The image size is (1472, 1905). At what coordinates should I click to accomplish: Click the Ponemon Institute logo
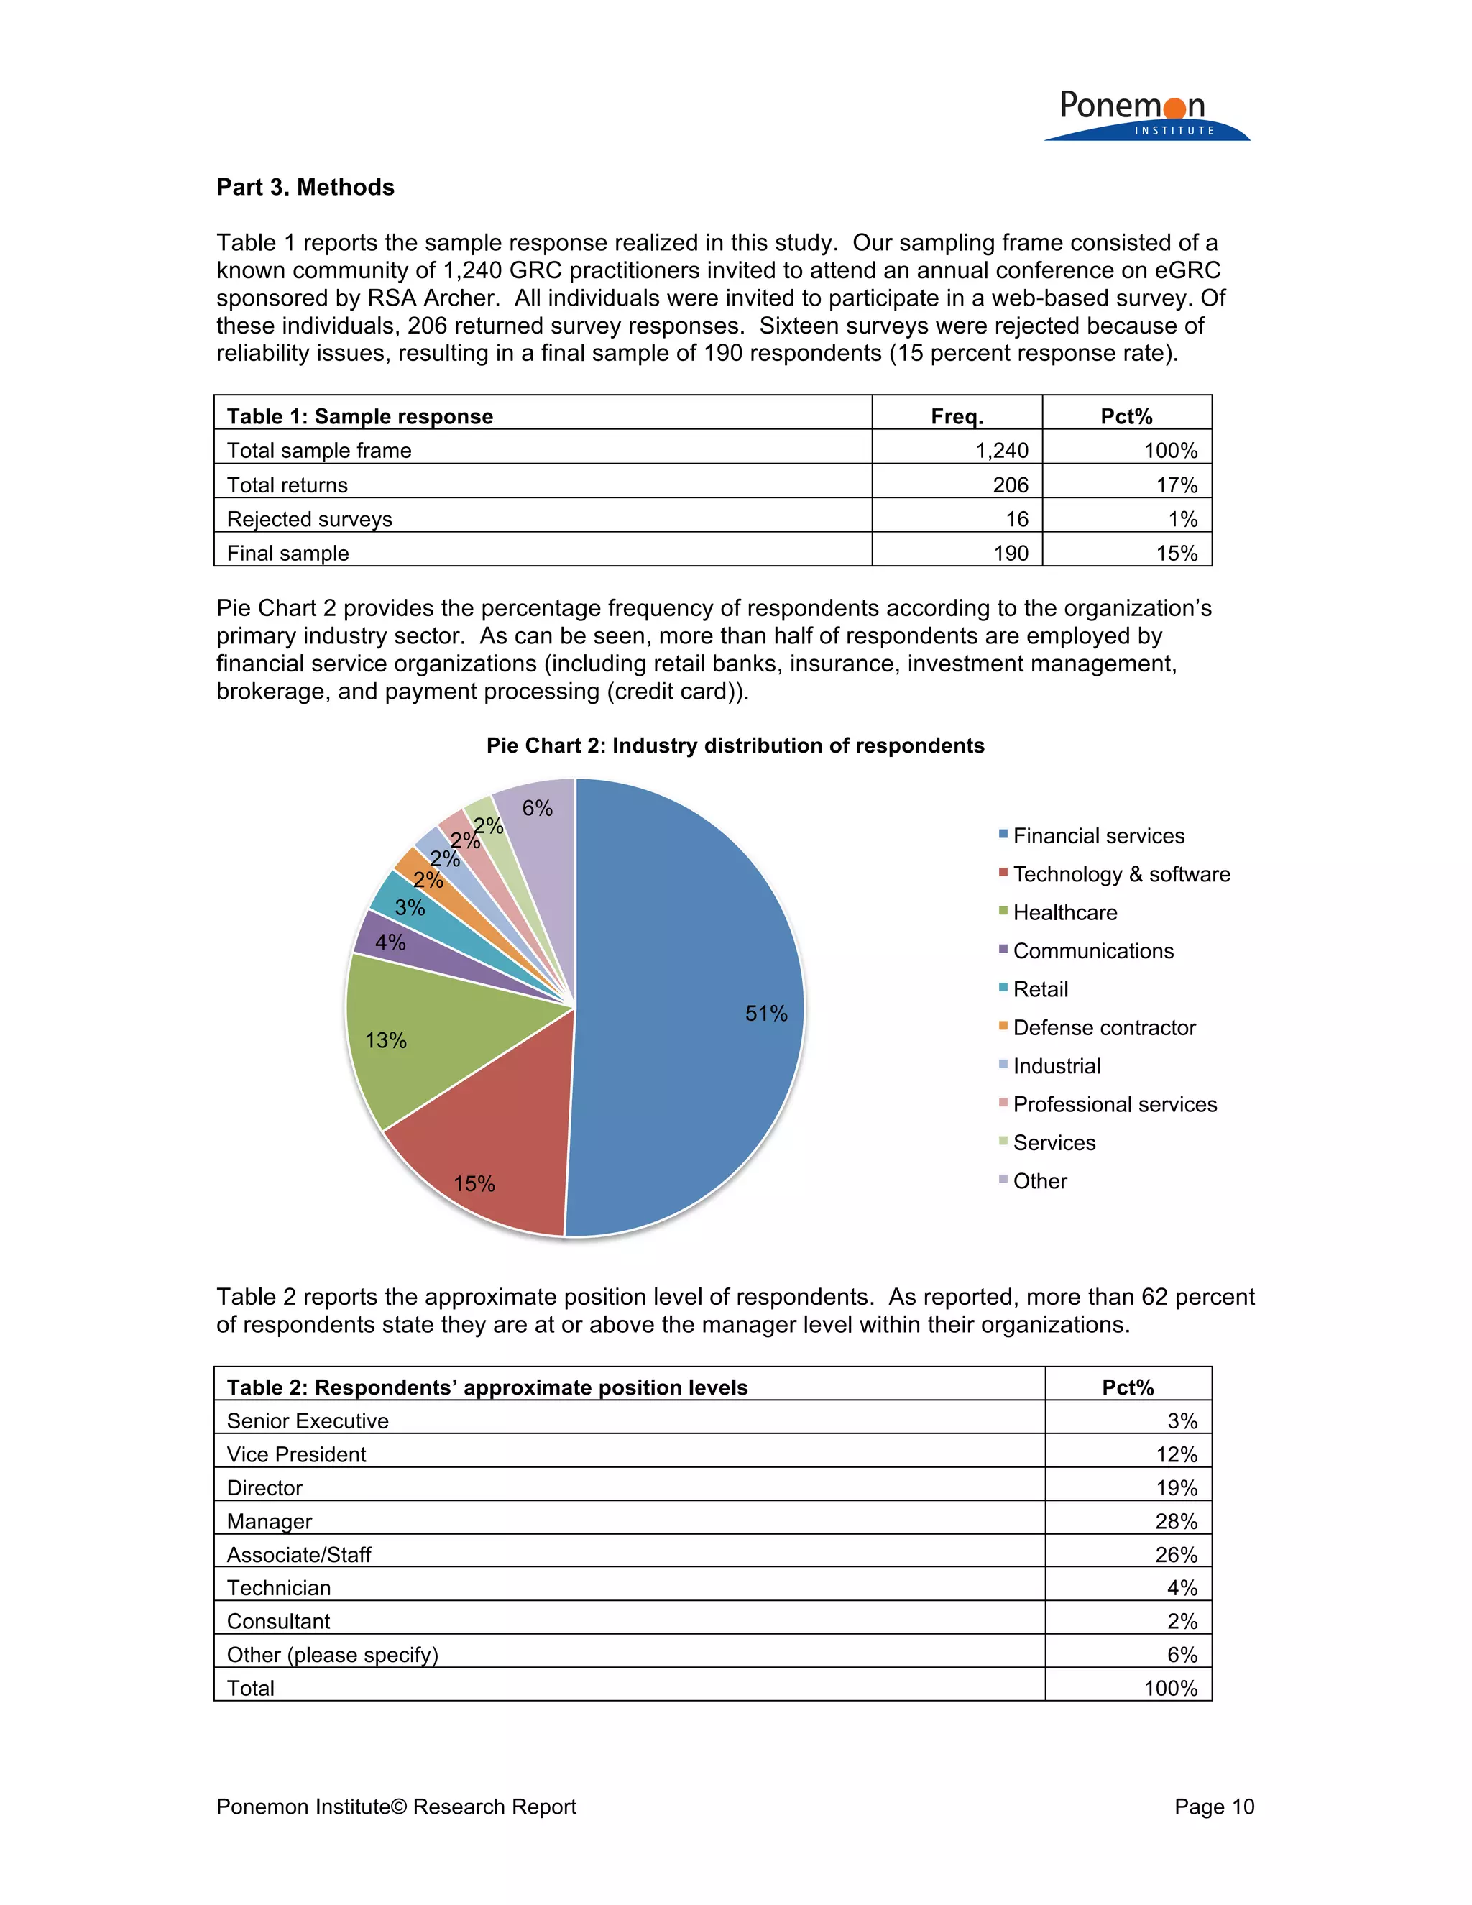pos(1146,115)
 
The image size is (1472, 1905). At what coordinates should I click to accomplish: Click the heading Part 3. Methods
pos(305,188)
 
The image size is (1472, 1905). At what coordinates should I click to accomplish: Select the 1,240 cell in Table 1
pos(1001,450)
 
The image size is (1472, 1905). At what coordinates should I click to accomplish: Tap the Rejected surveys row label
pos(310,519)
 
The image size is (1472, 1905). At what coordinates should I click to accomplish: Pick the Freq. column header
pos(957,416)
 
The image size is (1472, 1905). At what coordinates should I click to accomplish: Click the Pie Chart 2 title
pos(735,745)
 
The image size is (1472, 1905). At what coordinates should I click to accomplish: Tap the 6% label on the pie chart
pos(537,809)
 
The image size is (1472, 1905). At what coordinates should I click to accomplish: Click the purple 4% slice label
pos(390,942)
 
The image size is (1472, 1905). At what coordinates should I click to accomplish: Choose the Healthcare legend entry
pos(1064,912)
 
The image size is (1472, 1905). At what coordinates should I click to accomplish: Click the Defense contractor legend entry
pos(1104,1027)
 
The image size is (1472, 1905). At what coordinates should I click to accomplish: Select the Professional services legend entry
pos(1115,1104)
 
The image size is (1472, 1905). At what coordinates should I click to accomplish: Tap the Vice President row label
pos(297,1454)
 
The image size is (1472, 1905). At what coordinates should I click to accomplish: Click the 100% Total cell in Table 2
pos(1170,1688)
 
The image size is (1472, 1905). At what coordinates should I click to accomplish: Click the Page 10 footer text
pos(1214,1807)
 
